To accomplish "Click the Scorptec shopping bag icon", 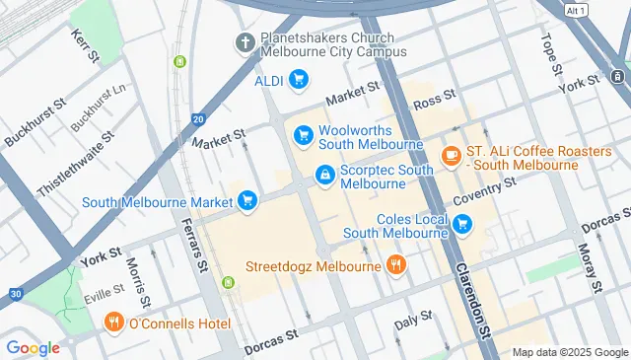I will pyautogui.click(x=323, y=175).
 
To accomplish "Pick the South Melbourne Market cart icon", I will pyautogui.click(x=246, y=200).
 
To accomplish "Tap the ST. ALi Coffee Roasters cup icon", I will pyautogui.click(x=451, y=155).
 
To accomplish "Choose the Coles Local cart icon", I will pyautogui.click(x=462, y=226).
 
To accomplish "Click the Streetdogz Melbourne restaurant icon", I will pyautogui.click(x=396, y=264).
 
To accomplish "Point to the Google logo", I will pyautogui.click(x=33, y=347).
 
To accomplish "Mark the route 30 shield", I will pyautogui.click(x=13, y=293).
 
